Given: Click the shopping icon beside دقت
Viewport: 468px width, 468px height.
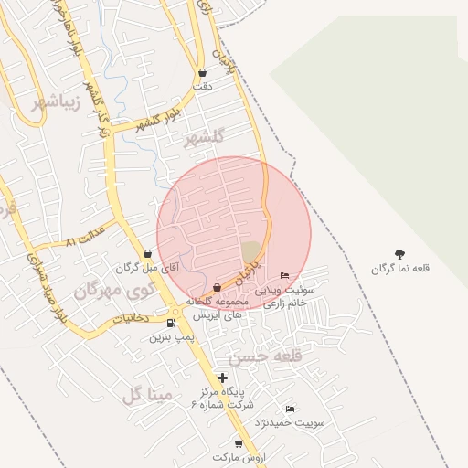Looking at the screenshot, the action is click(202, 72).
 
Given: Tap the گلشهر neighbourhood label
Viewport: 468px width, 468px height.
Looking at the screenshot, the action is click(203, 138).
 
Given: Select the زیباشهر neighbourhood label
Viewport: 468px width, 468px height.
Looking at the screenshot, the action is click(56, 101).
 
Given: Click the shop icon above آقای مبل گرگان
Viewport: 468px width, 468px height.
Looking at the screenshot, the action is click(147, 254).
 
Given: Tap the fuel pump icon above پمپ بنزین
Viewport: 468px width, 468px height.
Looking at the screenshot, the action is click(172, 323).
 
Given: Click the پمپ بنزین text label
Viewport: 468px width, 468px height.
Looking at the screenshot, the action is click(172, 337).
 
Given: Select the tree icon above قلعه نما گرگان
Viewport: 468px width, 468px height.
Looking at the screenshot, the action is click(399, 254).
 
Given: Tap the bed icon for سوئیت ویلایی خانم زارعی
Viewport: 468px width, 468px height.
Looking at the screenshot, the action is click(284, 275).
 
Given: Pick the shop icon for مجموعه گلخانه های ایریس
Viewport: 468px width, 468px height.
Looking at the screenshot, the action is click(217, 288).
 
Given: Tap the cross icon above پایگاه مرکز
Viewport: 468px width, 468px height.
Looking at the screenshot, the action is click(222, 378).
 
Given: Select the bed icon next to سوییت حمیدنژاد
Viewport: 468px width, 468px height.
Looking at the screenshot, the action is click(290, 409).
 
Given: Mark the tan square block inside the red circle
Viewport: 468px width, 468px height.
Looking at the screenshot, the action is click(250, 251).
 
